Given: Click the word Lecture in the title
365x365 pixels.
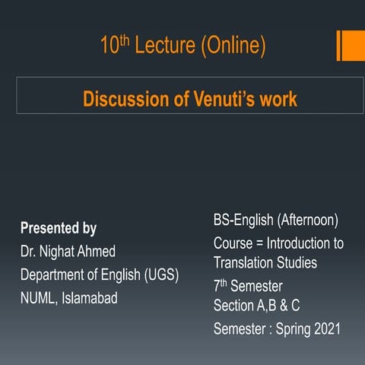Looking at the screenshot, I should click(168, 46).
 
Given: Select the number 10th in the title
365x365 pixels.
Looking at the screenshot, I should click(115, 46).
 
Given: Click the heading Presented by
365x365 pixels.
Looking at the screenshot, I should click(59, 228).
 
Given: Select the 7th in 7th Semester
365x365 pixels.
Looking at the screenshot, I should click(221, 286).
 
